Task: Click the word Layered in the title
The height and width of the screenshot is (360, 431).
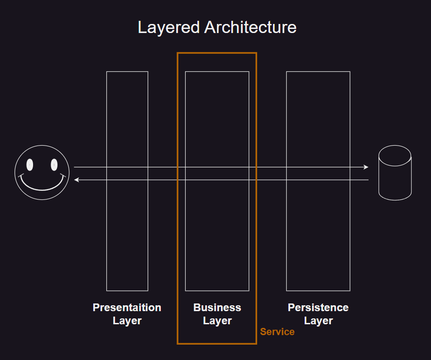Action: [168, 28]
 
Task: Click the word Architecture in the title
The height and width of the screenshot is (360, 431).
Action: [250, 28]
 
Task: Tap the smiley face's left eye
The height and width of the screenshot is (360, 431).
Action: [30, 165]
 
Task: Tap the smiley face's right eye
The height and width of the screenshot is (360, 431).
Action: [54, 165]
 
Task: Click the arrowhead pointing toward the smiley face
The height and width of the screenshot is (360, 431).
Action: [77, 180]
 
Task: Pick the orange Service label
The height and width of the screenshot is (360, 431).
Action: [277, 332]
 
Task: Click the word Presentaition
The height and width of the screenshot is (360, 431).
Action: [127, 308]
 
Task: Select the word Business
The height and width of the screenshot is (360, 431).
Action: [217, 308]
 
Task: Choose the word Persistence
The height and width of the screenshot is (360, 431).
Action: [318, 308]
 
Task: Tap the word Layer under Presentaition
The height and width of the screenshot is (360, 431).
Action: [127, 321]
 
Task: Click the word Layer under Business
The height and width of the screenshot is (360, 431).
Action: [217, 321]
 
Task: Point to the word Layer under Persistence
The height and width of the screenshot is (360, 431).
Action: [318, 321]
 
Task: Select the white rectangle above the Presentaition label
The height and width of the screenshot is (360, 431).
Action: [127, 113]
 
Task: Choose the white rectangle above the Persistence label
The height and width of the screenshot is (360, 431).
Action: [318, 113]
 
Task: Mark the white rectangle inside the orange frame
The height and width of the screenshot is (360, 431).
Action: [217, 113]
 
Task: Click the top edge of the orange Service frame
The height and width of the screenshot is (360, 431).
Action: [217, 53]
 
